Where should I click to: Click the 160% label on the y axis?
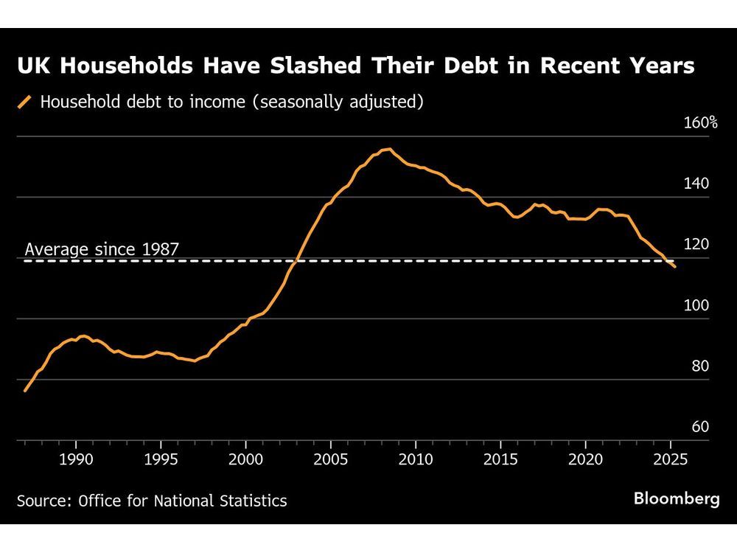701,122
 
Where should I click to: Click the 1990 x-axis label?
76,458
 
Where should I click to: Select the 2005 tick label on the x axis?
331,458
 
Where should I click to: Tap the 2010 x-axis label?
416,458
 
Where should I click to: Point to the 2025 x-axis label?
671,458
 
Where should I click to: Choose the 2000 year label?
245,458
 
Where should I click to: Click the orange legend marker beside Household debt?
26,102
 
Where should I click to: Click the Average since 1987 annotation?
102,249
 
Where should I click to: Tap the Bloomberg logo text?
677,499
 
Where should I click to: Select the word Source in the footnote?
41,501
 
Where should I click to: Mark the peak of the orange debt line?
388,149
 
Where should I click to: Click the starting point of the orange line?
25,391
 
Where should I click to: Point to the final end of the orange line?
674,266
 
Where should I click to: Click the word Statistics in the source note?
252,501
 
